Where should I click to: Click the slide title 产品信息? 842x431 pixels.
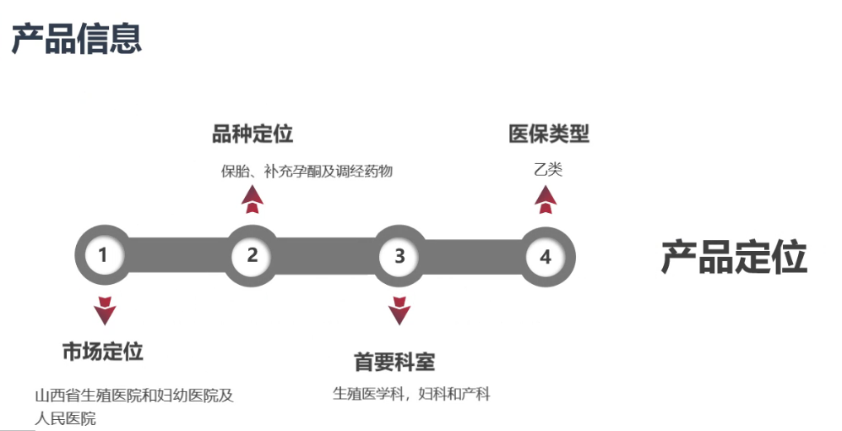point(76,38)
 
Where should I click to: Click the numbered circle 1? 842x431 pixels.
point(103,254)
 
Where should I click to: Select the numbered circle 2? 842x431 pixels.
point(252,254)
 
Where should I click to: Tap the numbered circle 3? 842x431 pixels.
point(400,255)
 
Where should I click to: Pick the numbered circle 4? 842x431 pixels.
point(546,256)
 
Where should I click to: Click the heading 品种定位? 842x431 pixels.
point(253,134)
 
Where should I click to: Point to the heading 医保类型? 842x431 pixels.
point(548,134)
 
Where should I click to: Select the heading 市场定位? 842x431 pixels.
point(103,352)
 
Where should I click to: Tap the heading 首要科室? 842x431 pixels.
point(394,362)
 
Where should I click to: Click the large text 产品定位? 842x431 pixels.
point(733,257)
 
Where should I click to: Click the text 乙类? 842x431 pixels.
point(547,169)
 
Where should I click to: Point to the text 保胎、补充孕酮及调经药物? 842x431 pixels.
point(307,171)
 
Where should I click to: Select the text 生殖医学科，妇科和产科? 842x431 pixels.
point(411,393)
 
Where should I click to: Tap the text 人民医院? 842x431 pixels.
point(65,418)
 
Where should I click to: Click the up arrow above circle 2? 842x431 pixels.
point(252,199)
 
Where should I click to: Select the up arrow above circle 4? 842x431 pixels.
point(546,199)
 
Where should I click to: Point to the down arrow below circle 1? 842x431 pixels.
point(105,311)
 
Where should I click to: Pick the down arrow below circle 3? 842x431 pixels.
point(399,311)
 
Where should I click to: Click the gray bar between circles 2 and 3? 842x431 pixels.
point(326,255)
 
